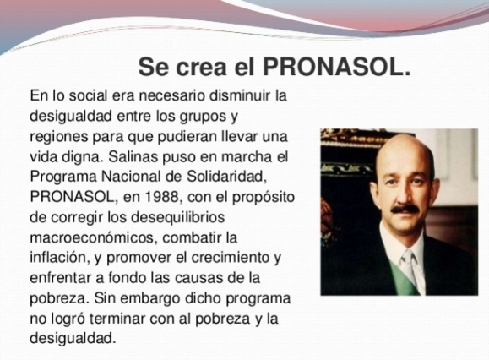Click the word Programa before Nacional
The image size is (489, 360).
(62, 177)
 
